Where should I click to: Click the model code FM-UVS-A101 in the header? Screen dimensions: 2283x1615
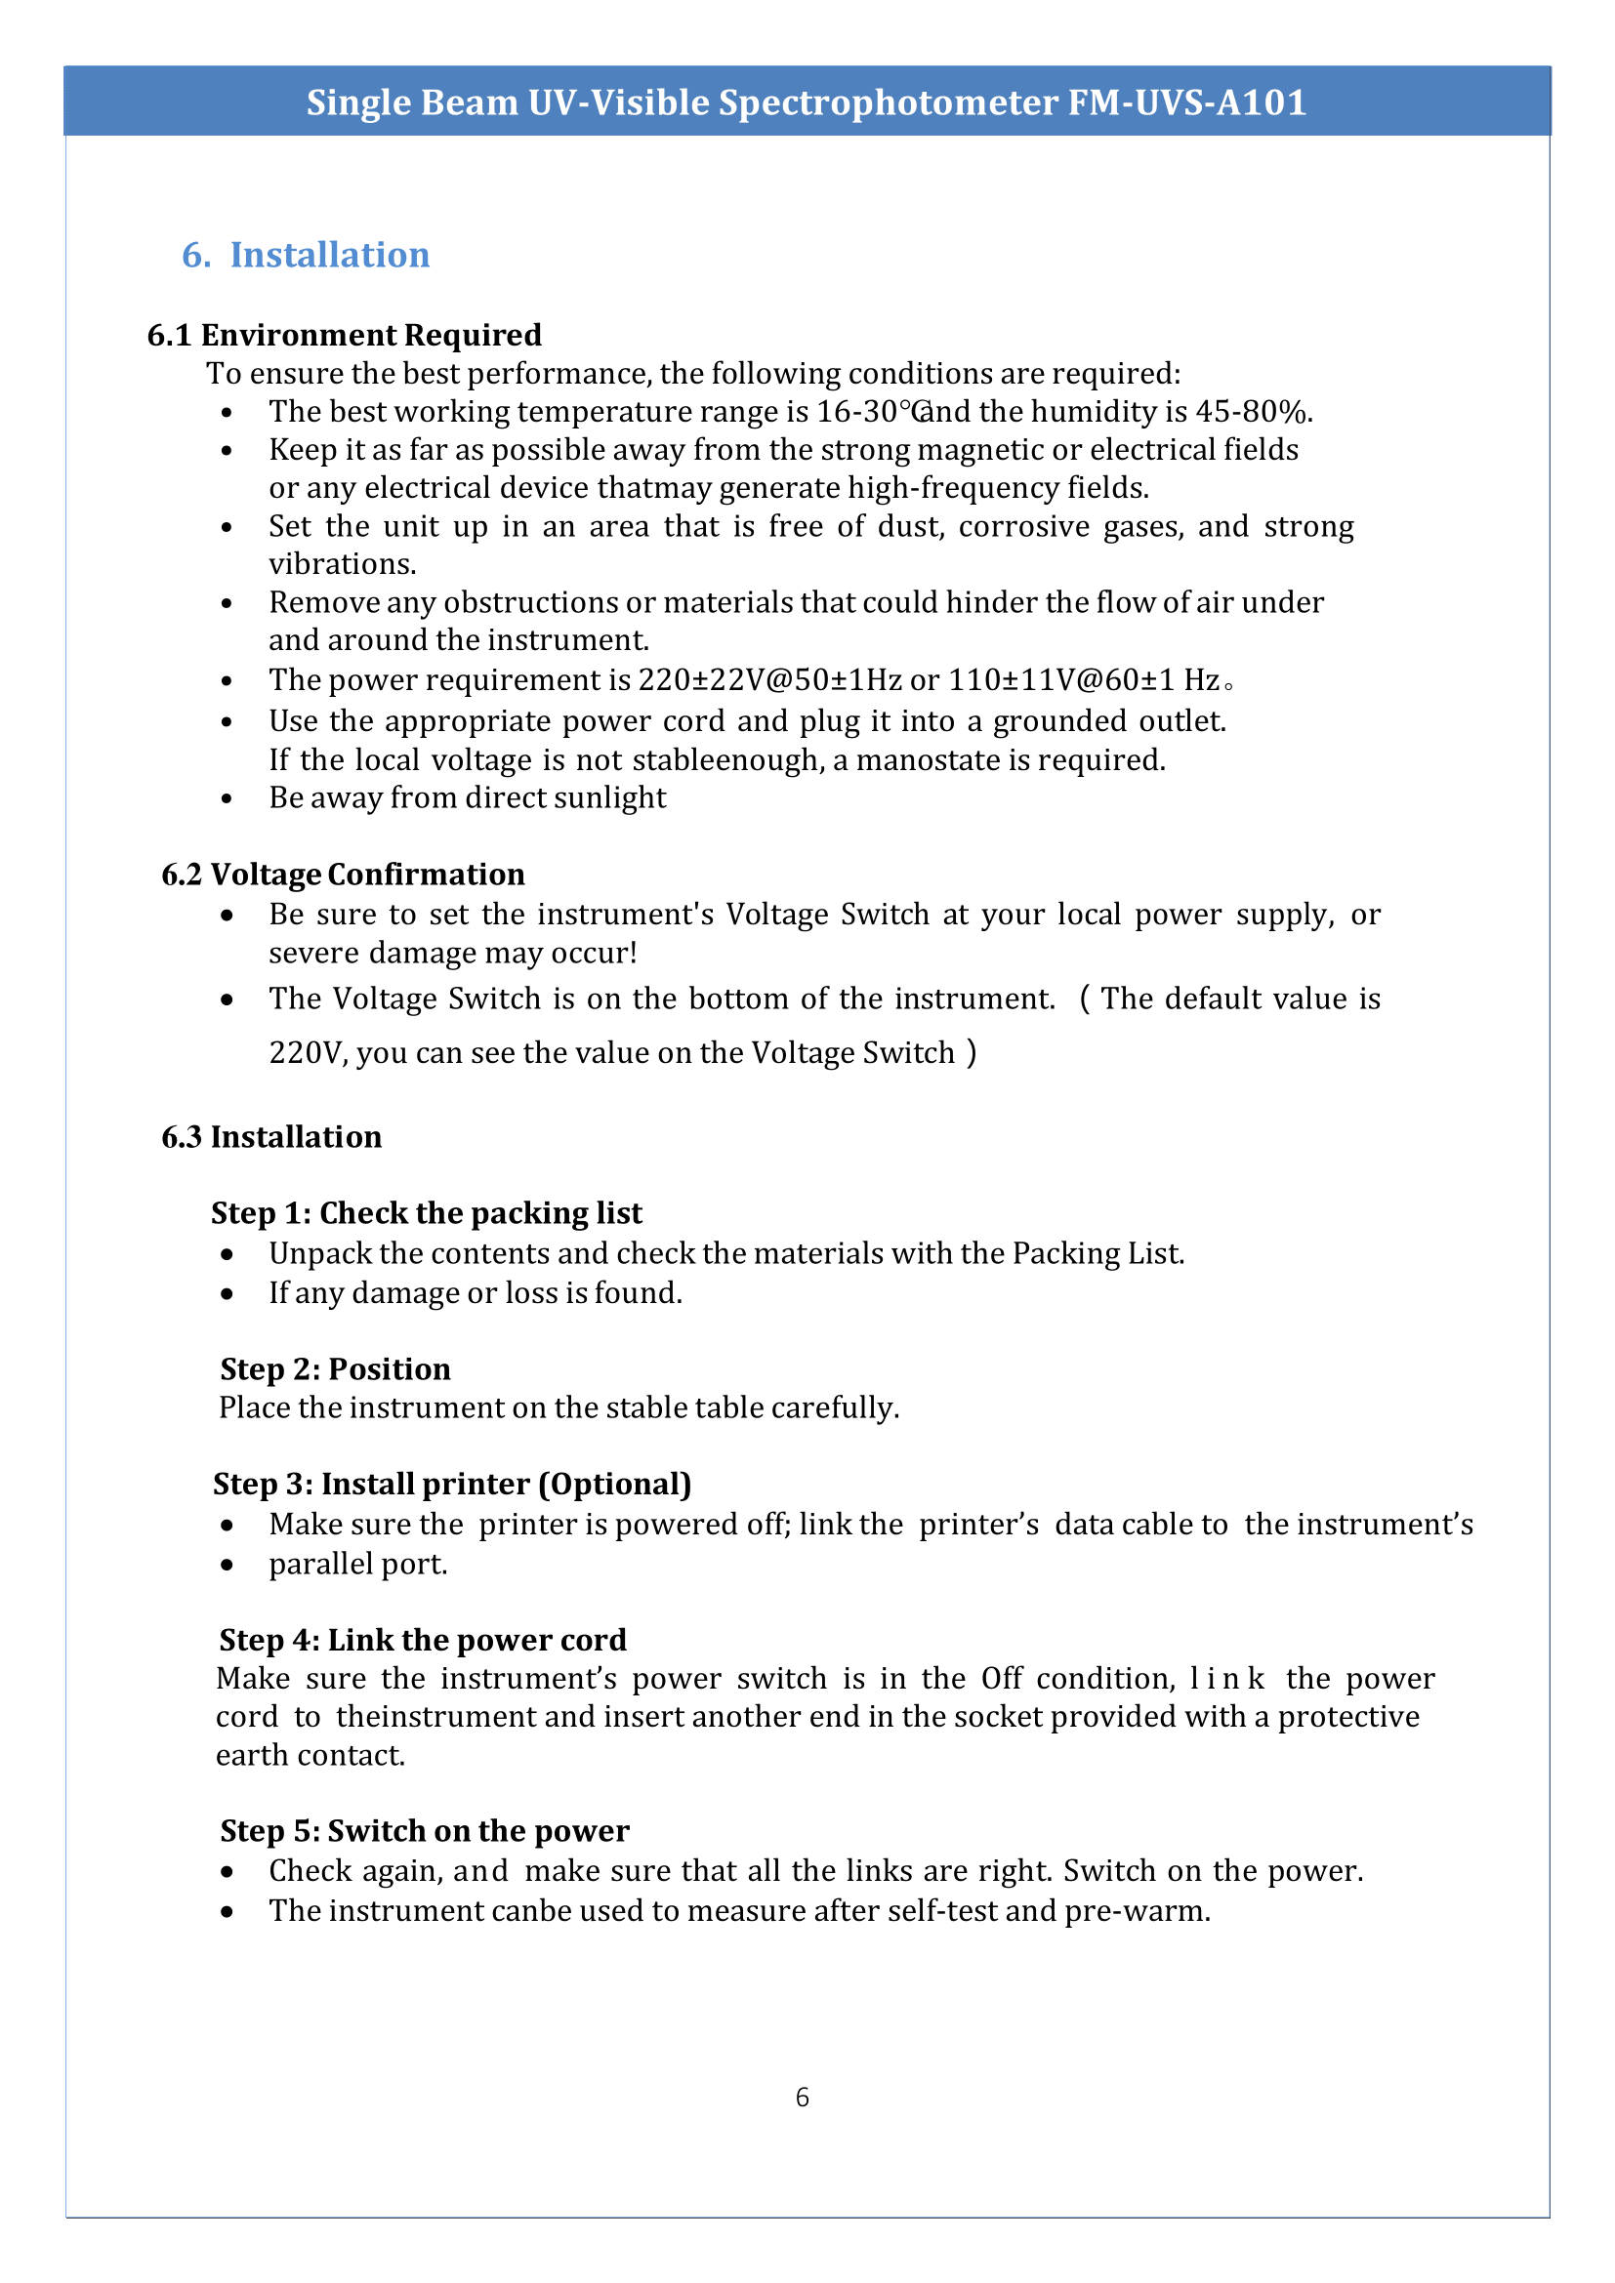pos(1186,102)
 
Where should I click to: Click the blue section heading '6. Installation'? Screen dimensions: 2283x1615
pos(306,255)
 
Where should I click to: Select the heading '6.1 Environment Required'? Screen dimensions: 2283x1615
pos(344,335)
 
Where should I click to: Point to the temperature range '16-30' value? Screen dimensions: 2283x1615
pos(856,412)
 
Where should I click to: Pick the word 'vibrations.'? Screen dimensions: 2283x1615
pos(342,564)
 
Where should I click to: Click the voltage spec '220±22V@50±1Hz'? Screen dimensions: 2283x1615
pos(768,679)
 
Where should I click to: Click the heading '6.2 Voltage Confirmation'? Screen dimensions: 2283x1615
pos(343,874)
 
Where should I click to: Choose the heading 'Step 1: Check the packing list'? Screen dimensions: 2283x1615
pos(426,1213)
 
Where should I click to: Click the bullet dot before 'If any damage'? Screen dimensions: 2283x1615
pos(228,1293)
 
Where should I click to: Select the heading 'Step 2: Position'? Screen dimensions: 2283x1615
pos(335,1369)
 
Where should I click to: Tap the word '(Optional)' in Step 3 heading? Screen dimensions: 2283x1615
pos(614,1484)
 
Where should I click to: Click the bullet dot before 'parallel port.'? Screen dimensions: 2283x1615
pos(228,1565)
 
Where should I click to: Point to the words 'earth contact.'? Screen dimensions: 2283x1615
pos(311,1755)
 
